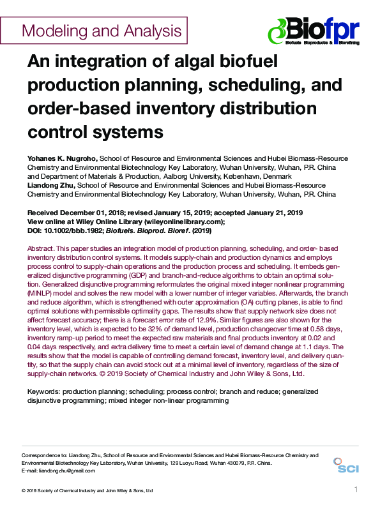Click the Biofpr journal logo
pos(314,30)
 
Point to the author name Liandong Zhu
pos(50,185)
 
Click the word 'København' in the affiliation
pos(234,176)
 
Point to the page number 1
pos(356,489)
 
